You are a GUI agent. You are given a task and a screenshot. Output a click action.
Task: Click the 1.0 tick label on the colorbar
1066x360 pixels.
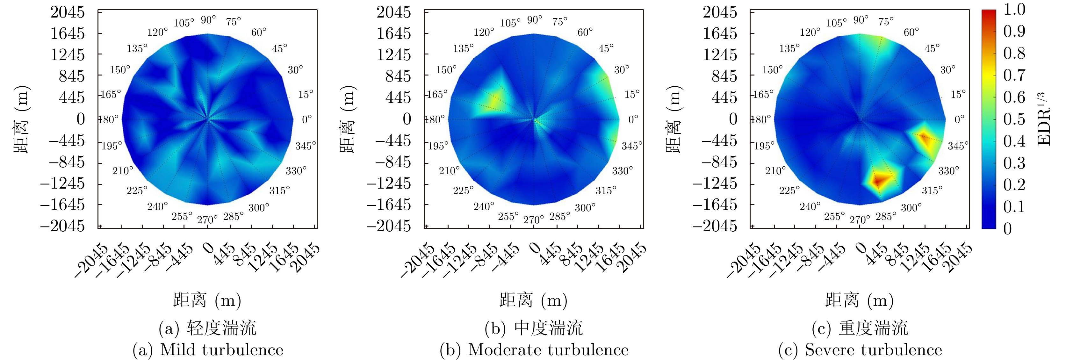1014,10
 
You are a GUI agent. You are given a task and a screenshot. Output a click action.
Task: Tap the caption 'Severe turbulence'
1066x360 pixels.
873,350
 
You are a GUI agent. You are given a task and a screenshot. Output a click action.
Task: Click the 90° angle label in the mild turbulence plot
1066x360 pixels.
208,20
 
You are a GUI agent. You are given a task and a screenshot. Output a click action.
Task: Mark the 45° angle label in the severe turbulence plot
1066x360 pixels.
932,48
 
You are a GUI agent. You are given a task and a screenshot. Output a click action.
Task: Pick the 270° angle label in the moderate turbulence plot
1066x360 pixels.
533,220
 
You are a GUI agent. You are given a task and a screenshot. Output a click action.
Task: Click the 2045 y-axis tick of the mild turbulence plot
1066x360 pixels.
68,12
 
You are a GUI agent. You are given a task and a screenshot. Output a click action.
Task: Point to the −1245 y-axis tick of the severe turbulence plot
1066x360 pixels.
715,183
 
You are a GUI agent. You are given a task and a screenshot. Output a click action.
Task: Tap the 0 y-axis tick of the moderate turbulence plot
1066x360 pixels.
407,119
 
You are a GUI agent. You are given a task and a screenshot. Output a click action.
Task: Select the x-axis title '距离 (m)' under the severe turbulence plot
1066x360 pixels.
860,300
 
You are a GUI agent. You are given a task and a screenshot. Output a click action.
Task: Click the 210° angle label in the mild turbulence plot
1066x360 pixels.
123,170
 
